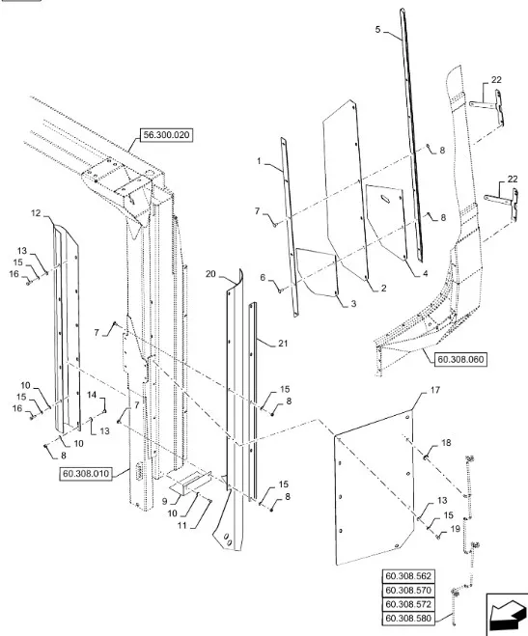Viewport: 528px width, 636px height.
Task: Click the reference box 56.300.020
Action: coord(166,135)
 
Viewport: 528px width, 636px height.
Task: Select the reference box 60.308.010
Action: coord(86,474)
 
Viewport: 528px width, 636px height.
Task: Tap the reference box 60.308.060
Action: coord(460,359)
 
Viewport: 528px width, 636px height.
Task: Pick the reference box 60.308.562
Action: coord(408,576)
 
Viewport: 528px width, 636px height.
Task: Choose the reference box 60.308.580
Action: coord(408,619)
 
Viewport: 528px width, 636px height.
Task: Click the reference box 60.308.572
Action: coord(408,604)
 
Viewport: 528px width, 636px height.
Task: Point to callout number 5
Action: coord(378,30)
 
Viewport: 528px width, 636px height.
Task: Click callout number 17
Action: coord(434,390)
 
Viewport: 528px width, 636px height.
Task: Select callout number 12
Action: coord(36,212)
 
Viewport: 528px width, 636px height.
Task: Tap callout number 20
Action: coord(210,274)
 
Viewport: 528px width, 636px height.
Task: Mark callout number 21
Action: coord(283,344)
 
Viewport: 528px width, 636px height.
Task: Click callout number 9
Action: coord(165,501)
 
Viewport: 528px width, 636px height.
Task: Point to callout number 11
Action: coord(182,525)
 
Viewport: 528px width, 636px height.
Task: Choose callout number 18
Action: coord(446,443)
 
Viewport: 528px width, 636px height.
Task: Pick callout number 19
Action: coord(456,529)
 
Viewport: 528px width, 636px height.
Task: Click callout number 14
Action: coord(92,395)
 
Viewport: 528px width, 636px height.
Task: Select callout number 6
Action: coord(263,277)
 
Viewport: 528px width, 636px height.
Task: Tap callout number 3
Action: coord(353,303)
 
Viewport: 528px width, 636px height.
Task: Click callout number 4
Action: coord(425,274)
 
